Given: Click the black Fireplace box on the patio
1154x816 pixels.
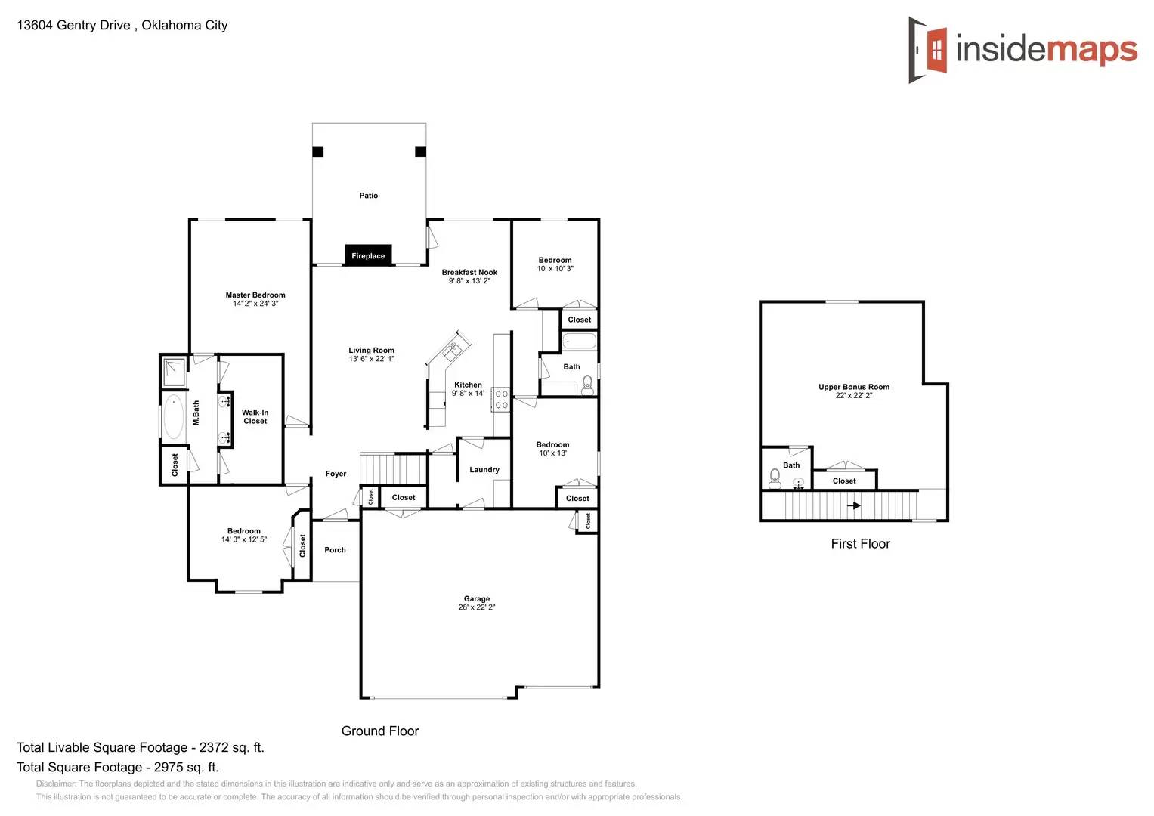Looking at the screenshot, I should [x=368, y=255].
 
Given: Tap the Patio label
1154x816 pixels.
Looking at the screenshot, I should [x=368, y=196].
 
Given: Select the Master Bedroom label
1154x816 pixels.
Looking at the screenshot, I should [x=255, y=295].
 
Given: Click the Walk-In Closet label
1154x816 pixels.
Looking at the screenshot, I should [x=255, y=417].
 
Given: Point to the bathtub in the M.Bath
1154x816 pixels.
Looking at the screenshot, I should [x=174, y=416].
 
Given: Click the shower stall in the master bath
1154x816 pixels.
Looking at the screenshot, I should [x=174, y=371].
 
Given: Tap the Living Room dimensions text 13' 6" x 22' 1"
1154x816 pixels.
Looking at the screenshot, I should [x=371, y=359].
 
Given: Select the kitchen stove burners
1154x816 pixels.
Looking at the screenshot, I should [x=501, y=400].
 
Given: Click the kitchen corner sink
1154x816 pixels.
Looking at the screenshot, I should [x=452, y=351].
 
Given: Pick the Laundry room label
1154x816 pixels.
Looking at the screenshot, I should [x=484, y=470].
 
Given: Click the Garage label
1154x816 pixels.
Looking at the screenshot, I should [x=476, y=599].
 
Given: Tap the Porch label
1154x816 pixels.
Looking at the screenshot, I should [x=335, y=550].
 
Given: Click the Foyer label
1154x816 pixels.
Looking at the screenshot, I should [x=336, y=474].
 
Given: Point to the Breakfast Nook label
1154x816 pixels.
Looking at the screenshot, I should [x=469, y=273].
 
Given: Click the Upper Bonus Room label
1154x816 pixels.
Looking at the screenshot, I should [x=853, y=387].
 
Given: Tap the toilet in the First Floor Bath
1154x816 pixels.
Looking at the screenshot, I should [x=775, y=478].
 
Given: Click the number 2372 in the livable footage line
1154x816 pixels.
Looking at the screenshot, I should [x=214, y=748].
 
